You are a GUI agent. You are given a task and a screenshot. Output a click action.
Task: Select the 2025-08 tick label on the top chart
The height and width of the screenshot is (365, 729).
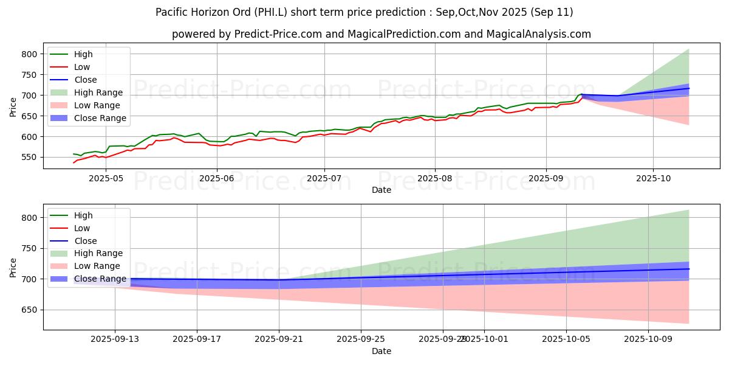coord(434,178)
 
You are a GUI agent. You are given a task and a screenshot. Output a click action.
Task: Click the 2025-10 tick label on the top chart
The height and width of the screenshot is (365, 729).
coord(653,178)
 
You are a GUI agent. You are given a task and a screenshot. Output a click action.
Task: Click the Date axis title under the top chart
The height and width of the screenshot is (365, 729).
coord(382,189)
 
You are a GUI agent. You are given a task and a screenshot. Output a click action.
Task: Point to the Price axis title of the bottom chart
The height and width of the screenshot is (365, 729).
coord(13,266)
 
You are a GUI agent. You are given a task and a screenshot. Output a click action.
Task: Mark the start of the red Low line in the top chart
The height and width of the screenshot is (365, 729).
coord(74,162)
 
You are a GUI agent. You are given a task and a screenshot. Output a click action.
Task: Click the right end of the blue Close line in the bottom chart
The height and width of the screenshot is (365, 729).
coord(689,268)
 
